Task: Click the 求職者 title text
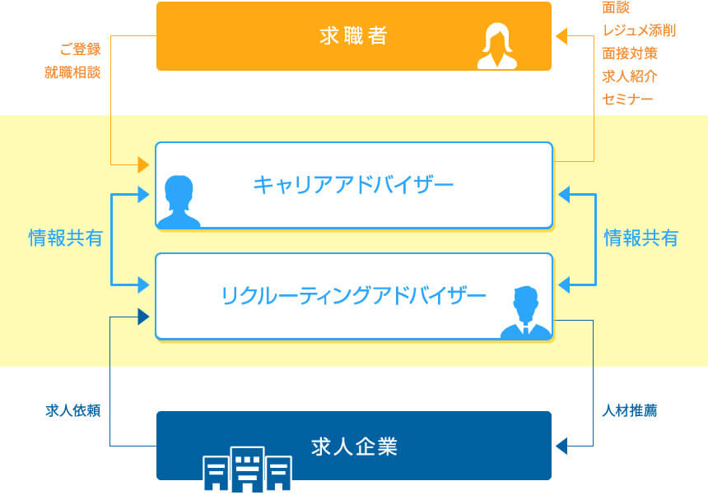click(x=353, y=35)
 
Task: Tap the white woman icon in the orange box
click(x=497, y=46)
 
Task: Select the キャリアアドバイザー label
click(x=353, y=185)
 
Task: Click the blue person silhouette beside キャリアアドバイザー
click(x=179, y=201)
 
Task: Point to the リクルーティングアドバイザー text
click(x=353, y=296)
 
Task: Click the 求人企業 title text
click(x=354, y=446)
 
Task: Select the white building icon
click(x=247, y=469)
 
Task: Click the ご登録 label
click(x=80, y=49)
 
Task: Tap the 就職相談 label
click(x=72, y=72)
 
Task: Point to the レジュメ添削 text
click(x=639, y=30)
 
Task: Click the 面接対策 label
click(x=630, y=53)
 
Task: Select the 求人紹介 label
click(x=630, y=76)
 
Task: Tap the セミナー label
click(x=627, y=99)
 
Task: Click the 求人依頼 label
click(x=72, y=410)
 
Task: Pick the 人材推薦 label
click(x=630, y=410)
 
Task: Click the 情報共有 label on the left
click(x=66, y=238)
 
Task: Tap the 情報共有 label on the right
click(x=641, y=238)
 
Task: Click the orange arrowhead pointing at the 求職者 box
click(x=561, y=36)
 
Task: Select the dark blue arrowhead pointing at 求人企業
click(x=561, y=446)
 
